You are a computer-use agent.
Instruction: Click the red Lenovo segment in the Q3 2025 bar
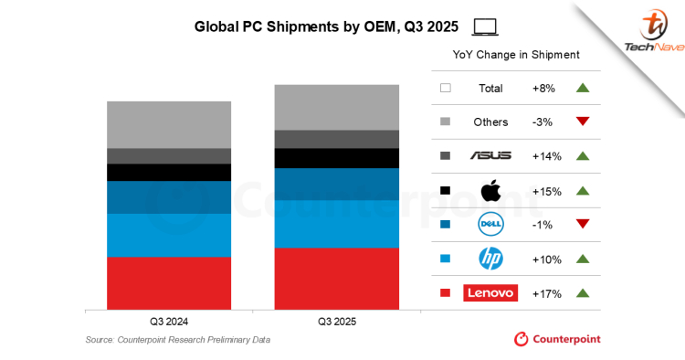[337, 278]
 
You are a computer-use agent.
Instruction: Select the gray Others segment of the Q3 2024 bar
[169, 124]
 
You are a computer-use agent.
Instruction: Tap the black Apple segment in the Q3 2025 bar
[337, 158]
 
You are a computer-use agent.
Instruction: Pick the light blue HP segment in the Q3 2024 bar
[169, 235]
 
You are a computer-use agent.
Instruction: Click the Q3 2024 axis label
[169, 323]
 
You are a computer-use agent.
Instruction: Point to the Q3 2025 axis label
[337, 323]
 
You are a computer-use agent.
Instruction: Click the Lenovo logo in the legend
[490, 293]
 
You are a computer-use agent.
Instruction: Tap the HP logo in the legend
[490, 259]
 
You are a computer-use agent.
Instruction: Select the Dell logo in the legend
[490, 225]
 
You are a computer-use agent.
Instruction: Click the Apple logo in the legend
[490, 190]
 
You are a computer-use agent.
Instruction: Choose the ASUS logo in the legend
[490, 156]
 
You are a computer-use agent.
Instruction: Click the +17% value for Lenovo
[546, 293]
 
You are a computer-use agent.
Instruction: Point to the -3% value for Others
[546, 122]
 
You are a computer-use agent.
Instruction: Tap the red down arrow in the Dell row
[583, 225]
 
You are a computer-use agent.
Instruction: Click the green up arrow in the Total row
[583, 88]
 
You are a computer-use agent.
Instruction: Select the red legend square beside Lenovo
[446, 293]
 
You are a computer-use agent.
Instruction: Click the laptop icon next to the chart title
[486, 26]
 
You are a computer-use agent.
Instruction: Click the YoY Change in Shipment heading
[516, 55]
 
